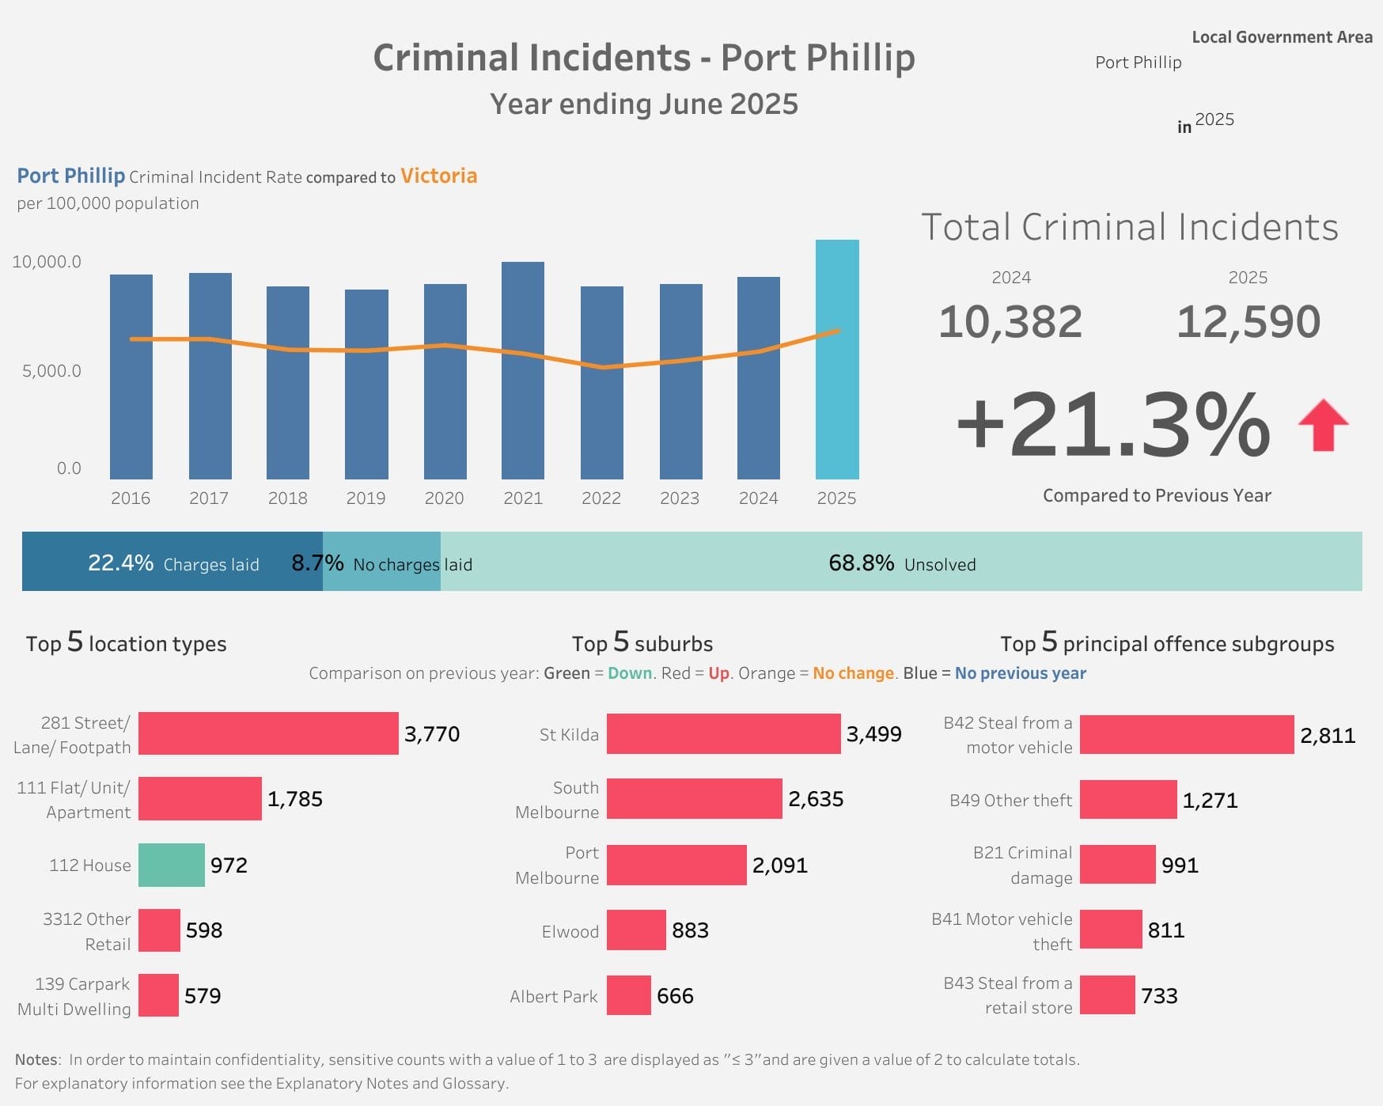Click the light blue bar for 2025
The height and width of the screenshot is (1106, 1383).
pos(837,360)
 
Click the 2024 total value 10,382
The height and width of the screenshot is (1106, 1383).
pos(1010,322)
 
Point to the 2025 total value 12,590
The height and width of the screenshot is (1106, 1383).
pos(1248,322)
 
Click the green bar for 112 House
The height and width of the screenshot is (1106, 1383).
pos(171,865)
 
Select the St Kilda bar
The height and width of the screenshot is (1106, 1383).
pos(723,734)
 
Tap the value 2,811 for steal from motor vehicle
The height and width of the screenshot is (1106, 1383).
pos(1328,736)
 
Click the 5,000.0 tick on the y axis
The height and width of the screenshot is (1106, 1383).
pos(51,371)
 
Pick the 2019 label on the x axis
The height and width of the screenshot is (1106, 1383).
pos(366,498)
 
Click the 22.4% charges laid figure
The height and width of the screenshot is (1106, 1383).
pos(120,562)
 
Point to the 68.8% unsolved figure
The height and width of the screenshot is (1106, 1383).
pos(861,562)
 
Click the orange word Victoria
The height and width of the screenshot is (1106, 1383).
pos(438,176)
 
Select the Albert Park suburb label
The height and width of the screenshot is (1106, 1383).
pos(553,997)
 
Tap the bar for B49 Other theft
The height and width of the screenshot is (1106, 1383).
pos(1127,800)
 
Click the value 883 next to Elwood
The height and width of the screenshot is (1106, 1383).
pos(690,930)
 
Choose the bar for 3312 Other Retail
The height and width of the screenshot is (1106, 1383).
pos(159,930)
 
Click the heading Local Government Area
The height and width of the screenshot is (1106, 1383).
pos(1282,37)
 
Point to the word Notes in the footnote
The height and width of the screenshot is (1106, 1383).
pos(36,1060)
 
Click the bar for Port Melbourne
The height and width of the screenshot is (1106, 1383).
pos(676,865)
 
